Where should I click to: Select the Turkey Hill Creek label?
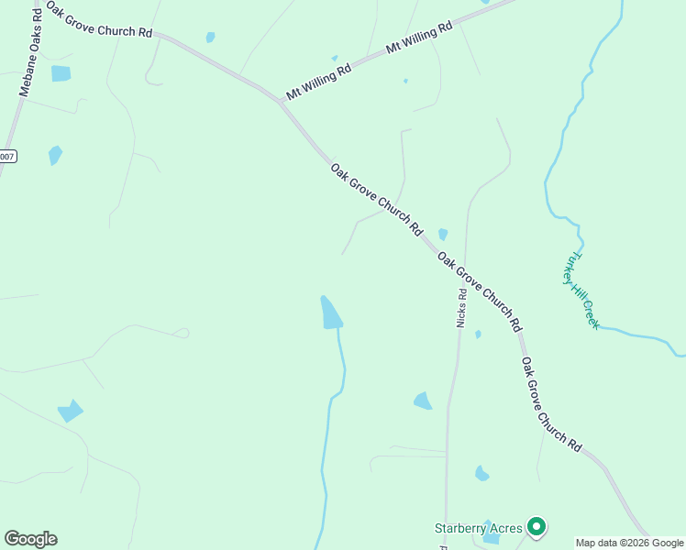point(581,290)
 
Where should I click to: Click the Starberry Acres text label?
point(478,528)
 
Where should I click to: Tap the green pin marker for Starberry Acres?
point(537,527)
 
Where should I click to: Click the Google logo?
point(30,538)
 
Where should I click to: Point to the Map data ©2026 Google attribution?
point(630,543)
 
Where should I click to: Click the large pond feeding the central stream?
point(330,313)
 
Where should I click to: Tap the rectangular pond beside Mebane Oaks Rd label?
point(61,73)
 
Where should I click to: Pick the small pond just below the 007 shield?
point(55,155)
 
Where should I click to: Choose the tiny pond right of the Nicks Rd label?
point(478,335)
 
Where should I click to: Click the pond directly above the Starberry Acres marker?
point(481,473)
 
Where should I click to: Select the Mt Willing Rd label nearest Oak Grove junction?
point(319,82)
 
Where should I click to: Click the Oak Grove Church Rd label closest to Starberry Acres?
point(551,404)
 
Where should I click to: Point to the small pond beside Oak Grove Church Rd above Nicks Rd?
point(443,235)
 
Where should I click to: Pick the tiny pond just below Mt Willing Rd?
point(405,81)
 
